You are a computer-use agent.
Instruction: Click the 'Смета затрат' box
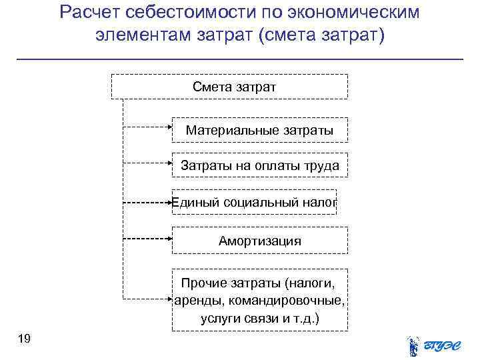(x=229, y=87)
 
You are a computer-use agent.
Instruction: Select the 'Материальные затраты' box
(x=260, y=130)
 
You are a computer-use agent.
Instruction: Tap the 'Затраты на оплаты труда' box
(x=260, y=166)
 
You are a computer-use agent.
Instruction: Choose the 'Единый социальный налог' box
(x=254, y=202)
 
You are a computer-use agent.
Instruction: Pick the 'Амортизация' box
(x=260, y=241)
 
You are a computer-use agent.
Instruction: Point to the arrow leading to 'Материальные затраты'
(x=147, y=125)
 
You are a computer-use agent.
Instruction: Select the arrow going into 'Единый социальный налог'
(x=147, y=201)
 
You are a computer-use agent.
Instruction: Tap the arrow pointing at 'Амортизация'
(x=147, y=237)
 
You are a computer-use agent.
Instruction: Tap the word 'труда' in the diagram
(x=322, y=166)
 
